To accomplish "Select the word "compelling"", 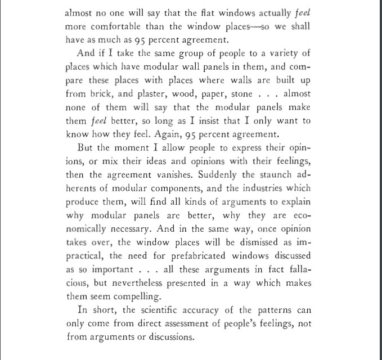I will point(135,296).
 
